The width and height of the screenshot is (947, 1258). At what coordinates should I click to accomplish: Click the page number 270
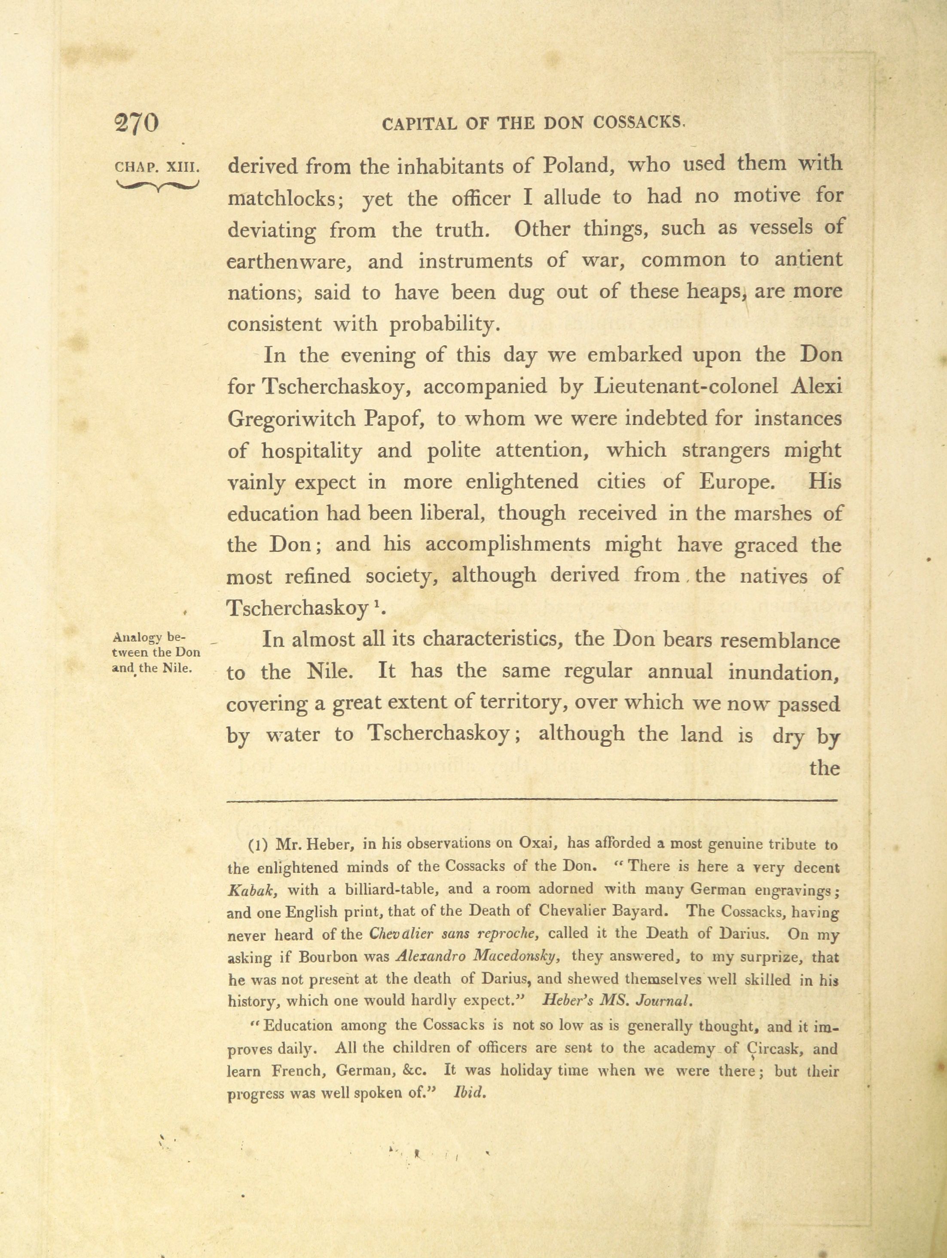coord(137,123)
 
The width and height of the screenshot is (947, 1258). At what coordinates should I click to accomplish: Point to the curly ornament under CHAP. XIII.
coord(157,185)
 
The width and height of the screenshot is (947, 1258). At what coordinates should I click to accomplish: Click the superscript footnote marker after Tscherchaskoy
coord(377,604)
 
